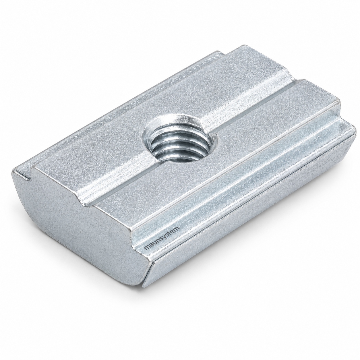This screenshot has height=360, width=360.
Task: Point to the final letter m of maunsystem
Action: [177, 228]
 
